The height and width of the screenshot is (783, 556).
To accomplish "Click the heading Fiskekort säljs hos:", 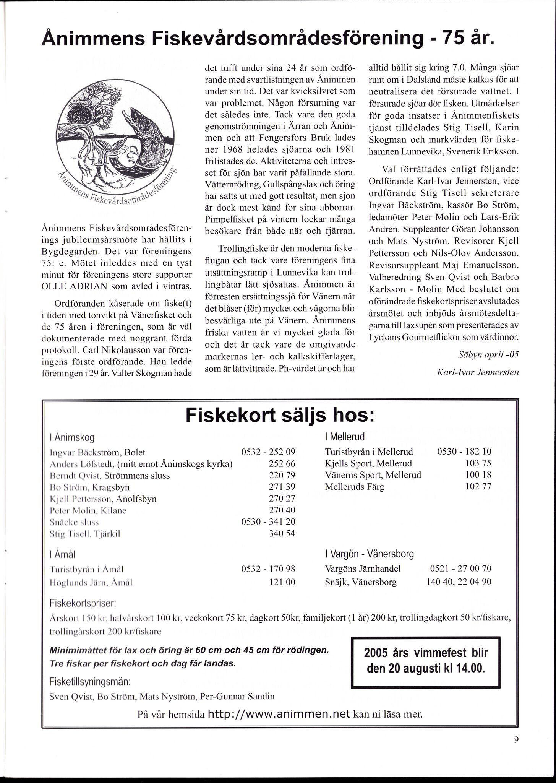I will [279, 416].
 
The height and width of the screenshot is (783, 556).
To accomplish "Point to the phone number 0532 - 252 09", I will [268, 452].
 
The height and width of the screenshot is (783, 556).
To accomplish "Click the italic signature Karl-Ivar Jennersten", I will [477, 372].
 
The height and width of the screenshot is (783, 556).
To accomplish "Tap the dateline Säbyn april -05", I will [488, 354].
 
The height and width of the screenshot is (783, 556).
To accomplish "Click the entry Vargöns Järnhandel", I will [363, 569].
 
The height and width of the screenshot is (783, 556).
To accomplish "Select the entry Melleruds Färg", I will [354, 487].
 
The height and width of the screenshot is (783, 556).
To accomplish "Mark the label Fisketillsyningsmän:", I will [90, 682].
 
